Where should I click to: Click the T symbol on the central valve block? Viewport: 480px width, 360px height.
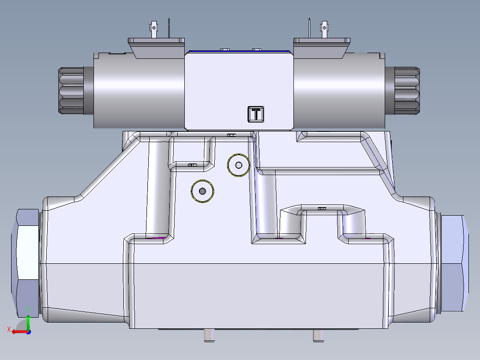click(256, 114)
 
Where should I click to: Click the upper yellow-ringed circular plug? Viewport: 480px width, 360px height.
click(239, 165)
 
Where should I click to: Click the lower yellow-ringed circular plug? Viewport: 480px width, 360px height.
click(203, 191)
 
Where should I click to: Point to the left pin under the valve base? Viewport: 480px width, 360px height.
click(209, 335)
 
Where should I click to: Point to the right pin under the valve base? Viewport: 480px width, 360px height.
click(317, 335)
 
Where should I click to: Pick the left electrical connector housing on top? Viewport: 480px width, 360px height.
click(156, 47)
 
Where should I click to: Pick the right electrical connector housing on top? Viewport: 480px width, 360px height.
click(321, 47)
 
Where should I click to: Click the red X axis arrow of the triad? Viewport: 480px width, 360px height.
click(18, 331)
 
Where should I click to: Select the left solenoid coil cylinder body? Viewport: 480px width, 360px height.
click(138, 91)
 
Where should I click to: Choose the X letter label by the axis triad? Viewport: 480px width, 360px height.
click(8, 329)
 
